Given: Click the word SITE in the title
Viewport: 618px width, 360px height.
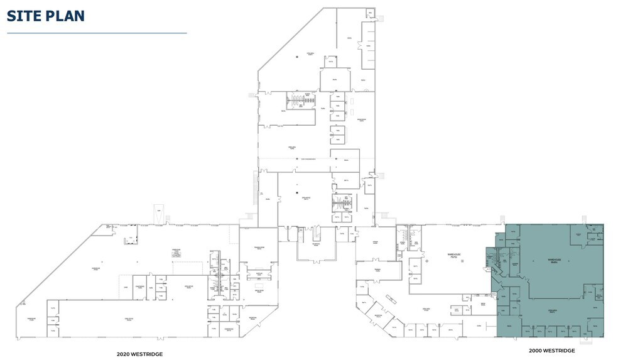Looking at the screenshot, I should tap(25, 16).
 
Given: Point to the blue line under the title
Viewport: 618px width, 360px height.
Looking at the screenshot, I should tap(97, 33).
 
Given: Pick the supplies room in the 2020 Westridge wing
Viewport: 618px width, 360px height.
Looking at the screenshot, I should tap(258, 275).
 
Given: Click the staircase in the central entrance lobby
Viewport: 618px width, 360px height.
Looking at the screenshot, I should tap(317, 233).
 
